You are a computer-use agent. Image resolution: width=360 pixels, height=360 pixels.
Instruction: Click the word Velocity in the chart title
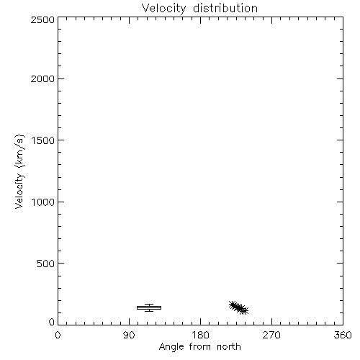(x=164, y=9)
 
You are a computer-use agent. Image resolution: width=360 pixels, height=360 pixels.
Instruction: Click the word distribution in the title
(x=225, y=8)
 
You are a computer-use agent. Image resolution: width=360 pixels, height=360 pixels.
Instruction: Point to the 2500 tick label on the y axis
(x=42, y=19)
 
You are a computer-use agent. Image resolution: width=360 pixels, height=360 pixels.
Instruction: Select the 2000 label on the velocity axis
(x=42, y=78)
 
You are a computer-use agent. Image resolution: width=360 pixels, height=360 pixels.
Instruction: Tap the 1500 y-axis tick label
(x=43, y=140)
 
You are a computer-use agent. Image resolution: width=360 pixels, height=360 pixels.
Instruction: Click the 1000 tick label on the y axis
(x=43, y=202)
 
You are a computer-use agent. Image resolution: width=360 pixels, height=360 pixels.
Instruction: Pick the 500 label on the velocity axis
(x=46, y=264)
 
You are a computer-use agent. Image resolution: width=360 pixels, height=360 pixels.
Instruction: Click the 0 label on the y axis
(x=52, y=322)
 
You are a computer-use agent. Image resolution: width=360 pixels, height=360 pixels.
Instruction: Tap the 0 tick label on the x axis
(x=58, y=335)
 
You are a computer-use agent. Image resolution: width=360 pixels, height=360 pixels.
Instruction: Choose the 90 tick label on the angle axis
(x=129, y=335)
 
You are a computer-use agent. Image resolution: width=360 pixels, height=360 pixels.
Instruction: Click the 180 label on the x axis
(x=200, y=335)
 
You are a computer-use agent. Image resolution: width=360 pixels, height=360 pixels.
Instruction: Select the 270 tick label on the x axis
(x=271, y=335)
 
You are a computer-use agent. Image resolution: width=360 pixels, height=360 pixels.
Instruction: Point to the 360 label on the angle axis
(x=343, y=335)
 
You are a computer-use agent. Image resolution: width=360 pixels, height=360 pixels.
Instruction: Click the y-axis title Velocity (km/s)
(x=19, y=171)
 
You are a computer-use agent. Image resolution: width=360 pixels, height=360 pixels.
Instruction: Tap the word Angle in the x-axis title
(x=171, y=347)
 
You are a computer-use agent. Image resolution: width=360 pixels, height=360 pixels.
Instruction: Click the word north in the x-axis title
(x=229, y=346)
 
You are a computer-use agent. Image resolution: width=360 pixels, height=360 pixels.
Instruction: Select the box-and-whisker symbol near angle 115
(x=149, y=307)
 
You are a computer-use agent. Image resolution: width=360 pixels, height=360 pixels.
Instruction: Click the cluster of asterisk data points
(x=238, y=307)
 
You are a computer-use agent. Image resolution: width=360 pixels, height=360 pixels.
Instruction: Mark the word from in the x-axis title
(x=201, y=346)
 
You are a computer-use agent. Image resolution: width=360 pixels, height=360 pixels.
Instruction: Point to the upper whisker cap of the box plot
(x=149, y=305)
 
